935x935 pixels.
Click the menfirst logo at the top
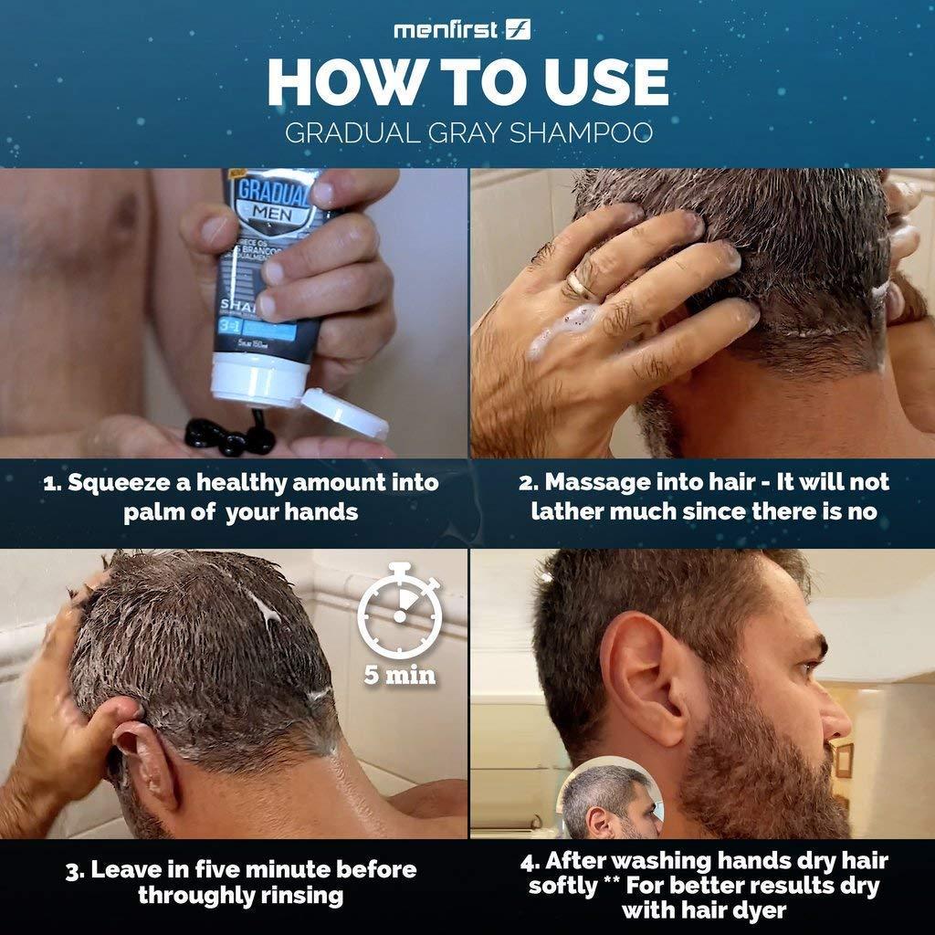[x=462, y=30]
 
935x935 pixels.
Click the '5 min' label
[x=399, y=677]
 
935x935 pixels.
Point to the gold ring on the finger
[x=579, y=286]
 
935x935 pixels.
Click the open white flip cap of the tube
[x=344, y=413]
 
